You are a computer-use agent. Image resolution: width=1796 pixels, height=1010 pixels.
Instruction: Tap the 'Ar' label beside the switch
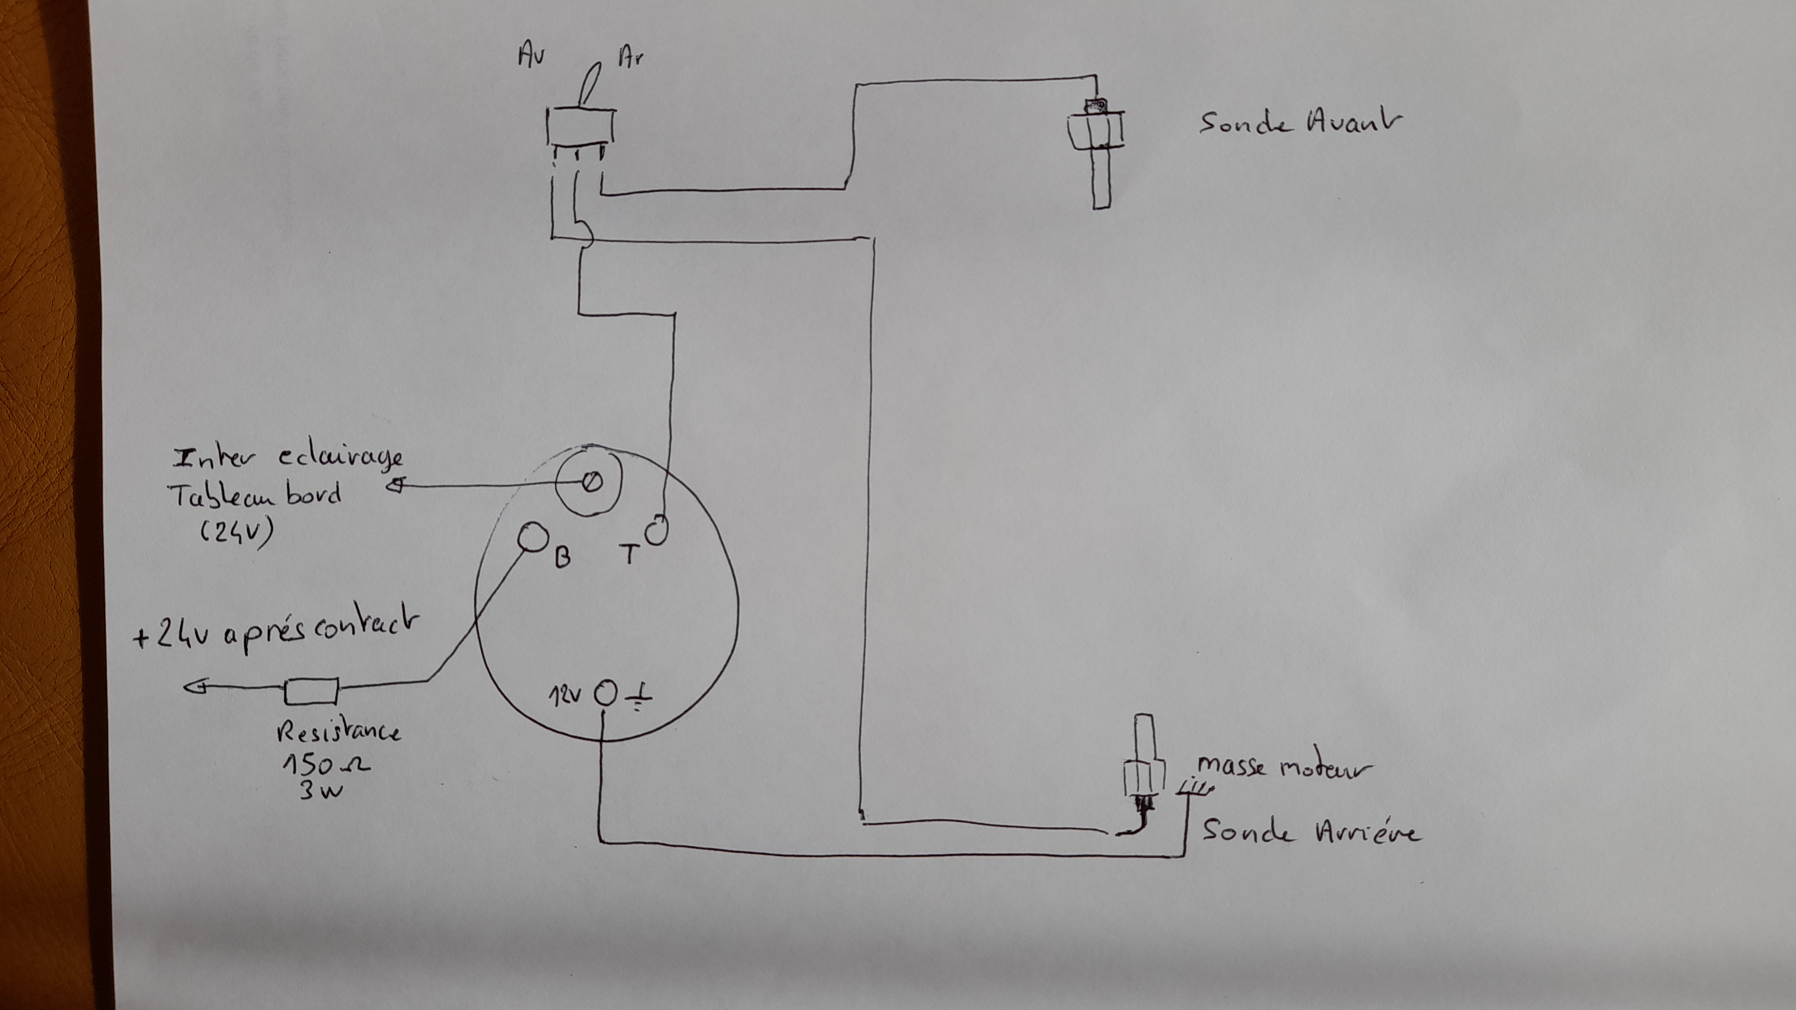630,57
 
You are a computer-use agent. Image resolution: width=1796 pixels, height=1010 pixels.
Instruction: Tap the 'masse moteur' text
1284,768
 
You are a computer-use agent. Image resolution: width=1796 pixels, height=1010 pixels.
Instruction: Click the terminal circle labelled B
533,537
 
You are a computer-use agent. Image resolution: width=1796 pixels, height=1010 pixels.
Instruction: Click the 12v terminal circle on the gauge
606,694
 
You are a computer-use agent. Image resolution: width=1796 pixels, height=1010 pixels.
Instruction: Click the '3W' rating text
320,791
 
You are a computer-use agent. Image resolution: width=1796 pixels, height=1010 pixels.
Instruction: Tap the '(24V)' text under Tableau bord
237,532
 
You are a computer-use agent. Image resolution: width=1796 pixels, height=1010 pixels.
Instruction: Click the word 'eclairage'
341,458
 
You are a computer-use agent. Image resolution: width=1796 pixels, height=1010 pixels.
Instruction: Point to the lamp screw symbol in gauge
592,483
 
